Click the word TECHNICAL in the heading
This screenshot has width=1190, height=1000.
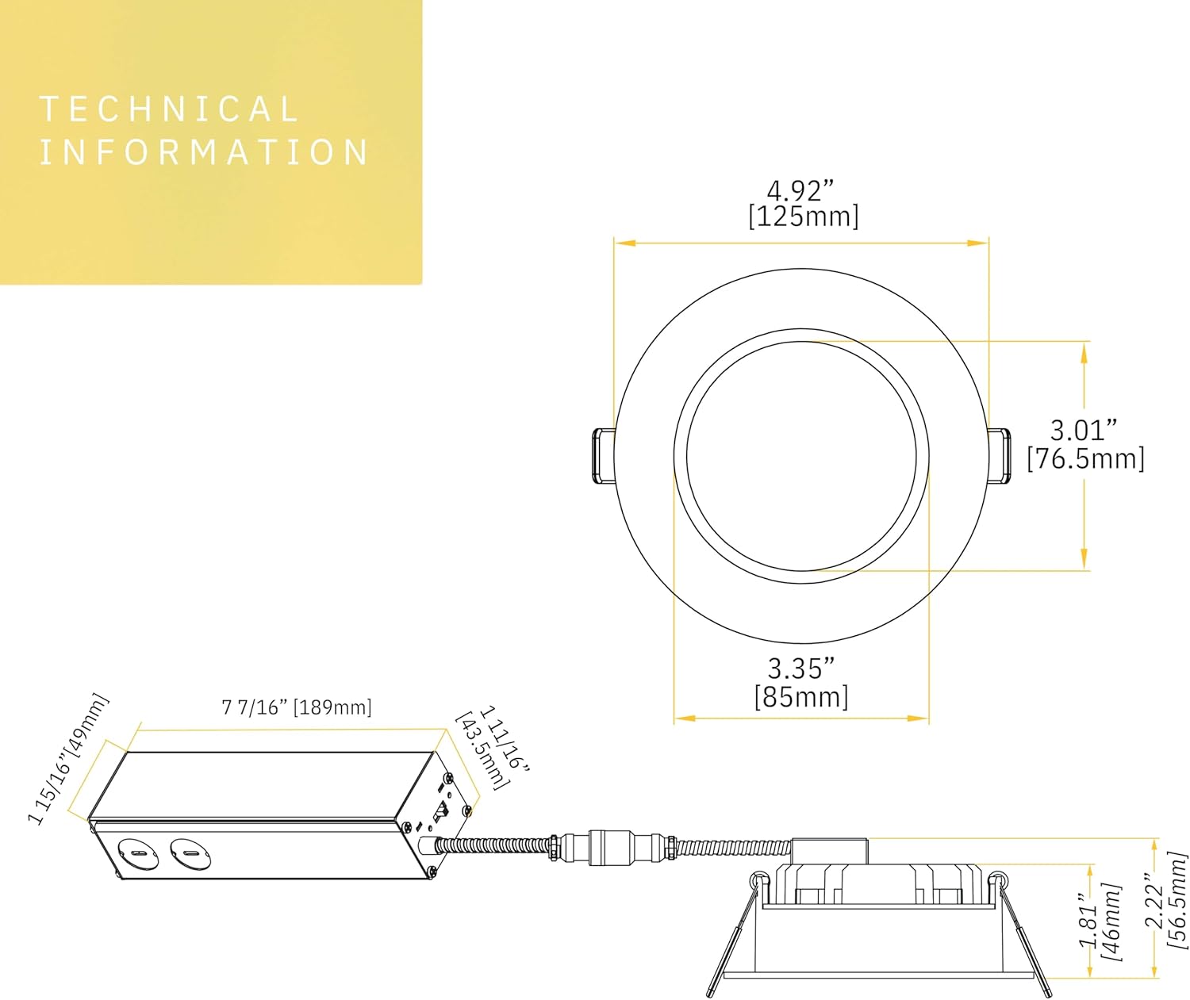click(169, 109)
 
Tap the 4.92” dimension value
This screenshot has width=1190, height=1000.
click(800, 191)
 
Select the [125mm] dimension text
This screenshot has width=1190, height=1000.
click(803, 217)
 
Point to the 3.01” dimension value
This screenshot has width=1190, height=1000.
click(1084, 430)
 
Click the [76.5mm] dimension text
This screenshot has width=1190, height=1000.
click(1086, 458)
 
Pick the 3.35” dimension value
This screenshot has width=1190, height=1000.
click(801, 669)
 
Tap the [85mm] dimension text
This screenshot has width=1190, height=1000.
click(801, 697)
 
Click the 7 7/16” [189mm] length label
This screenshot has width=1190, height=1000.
click(297, 707)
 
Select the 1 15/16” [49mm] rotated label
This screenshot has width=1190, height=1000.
click(68, 758)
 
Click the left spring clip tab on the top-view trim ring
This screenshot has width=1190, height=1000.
click(603, 457)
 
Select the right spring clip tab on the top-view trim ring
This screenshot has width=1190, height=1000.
click(1000, 456)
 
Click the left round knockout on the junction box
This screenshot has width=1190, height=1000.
click(137, 853)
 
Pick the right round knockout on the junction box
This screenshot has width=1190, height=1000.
click(190, 853)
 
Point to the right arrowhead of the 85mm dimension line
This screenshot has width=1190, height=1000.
click(918, 718)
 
